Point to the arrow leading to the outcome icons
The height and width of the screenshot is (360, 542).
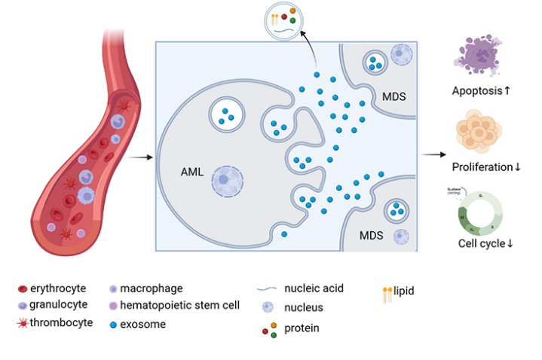coord(432,155)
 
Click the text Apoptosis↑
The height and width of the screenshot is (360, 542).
coord(482,91)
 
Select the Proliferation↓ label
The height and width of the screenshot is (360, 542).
coord(486,166)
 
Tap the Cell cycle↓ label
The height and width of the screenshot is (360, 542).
coord(485,244)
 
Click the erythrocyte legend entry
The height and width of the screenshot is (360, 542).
coord(52,288)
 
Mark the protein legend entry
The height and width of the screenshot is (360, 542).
coord(294,328)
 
